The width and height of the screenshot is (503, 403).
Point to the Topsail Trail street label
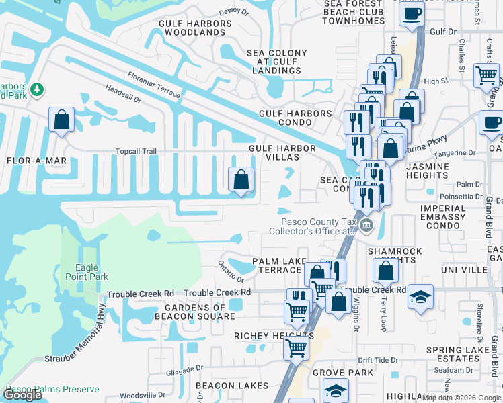point(137,152)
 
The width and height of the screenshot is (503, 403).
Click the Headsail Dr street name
point(122,93)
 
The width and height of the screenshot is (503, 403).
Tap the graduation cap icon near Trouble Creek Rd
point(421,296)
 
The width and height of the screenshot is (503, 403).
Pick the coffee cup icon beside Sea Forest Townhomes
point(412,14)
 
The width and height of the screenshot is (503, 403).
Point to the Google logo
point(23,395)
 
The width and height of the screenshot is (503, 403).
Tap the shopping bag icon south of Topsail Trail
point(241,179)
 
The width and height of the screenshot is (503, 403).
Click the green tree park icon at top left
point(38,89)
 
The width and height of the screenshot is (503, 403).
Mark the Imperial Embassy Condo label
point(442,217)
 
